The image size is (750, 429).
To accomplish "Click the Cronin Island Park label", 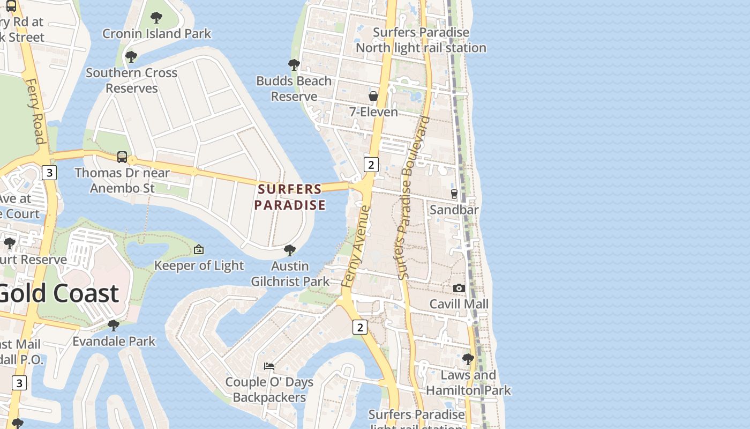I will point(157,33).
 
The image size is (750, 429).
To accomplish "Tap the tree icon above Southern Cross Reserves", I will point(131,57).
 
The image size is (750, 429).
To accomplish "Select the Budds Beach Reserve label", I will point(294,88).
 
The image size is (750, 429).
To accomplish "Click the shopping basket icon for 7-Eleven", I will point(373,96).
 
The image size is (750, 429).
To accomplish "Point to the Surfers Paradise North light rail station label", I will point(421,40).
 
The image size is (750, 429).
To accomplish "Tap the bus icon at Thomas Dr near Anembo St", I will point(122,157).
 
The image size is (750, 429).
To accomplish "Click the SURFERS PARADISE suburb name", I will point(290,197).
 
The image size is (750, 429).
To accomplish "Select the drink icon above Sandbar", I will point(454,194).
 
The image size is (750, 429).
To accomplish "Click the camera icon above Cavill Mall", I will point(459,289).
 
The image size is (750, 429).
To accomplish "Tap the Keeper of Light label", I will point(199,265).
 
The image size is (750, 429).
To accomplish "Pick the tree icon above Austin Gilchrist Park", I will point(290,250).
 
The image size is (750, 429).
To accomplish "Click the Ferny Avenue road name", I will point(356,247).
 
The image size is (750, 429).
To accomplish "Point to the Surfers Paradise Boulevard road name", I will point(412,198).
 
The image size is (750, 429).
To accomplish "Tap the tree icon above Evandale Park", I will point(113,326).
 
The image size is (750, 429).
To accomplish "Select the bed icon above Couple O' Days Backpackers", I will point(269,366).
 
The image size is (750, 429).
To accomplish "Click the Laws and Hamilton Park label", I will point(468,382).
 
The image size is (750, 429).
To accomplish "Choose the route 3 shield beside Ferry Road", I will point(49,173).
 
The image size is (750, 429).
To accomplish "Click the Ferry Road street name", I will point(35,112).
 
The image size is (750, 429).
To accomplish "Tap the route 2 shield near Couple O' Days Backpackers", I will point(359,327).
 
